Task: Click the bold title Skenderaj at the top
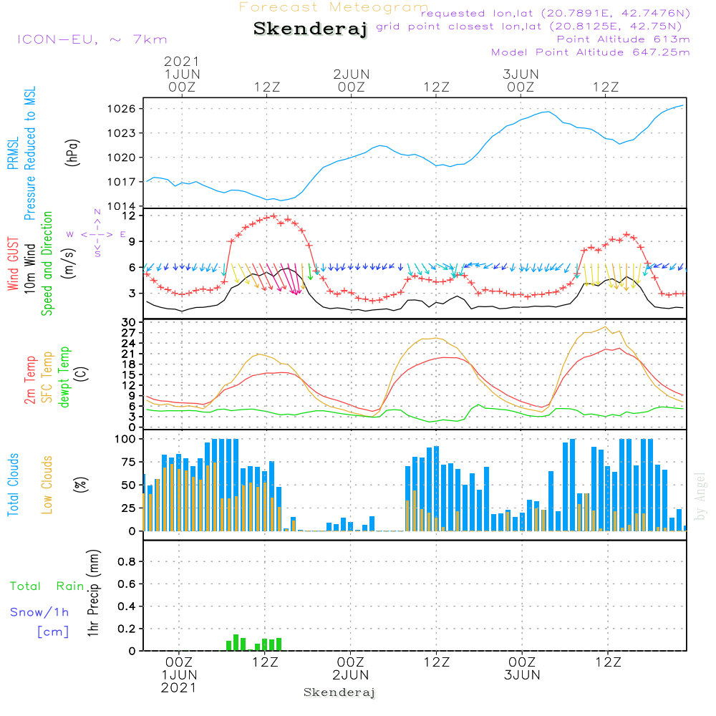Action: (310, 29)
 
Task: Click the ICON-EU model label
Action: (92, 39)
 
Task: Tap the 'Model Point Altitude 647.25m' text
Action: (591, 52)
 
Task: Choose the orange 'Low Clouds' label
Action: (48, 484)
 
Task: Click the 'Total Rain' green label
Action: (47, 586)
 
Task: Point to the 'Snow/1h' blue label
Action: (40, 612)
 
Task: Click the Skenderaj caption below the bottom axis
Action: (339, 692)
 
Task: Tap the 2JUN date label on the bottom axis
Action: (351, 675)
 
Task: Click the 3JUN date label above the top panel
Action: (521, 74)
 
